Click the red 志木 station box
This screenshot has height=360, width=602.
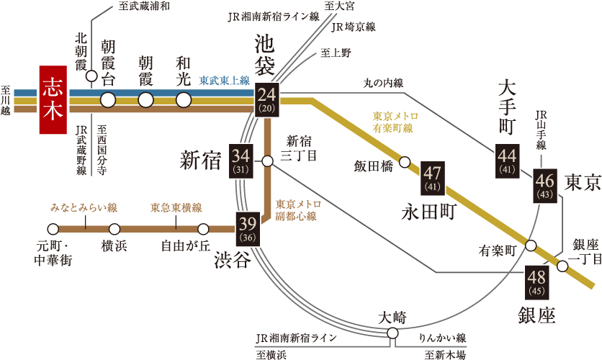click(58, 99)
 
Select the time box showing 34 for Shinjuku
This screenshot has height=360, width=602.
click(241, 161)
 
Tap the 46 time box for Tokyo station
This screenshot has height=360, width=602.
click(544, 186)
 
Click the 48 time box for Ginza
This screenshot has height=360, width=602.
click(536, 282)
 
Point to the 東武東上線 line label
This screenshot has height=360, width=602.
click(224, 81)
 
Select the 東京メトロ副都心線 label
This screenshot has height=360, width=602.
click(298, 210)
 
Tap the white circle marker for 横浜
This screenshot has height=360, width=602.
click(114, 229)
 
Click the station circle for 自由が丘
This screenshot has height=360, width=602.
click(203, 229)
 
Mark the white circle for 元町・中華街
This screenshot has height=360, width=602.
click(53, 229)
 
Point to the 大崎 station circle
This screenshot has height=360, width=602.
click(392, 333)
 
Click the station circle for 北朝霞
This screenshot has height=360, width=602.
click(91, 76)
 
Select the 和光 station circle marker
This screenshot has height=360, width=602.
click(184, 100)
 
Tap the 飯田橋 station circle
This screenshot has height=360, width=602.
click(405, 162)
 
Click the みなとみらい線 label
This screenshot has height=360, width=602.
click(84, 208)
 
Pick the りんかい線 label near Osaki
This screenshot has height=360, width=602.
click(441, 337)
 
